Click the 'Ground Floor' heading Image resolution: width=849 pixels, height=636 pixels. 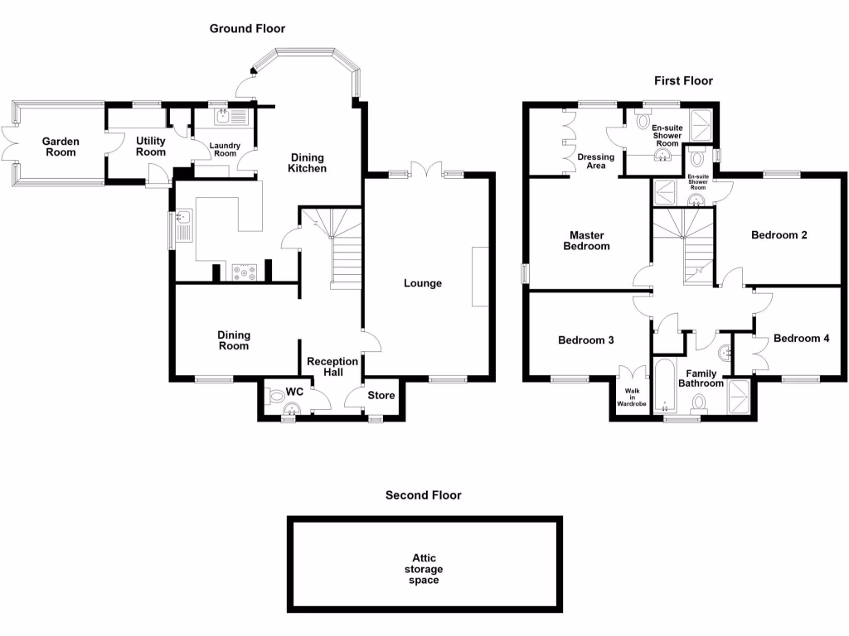[x=247, y=28]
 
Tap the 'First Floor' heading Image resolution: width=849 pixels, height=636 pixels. [x=683, y=80]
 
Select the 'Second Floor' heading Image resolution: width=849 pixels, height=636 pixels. [x=423, y=495]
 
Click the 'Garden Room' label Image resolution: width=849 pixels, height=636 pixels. [x=61, y=147]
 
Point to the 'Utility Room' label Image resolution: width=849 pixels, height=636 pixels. [x=151, y=147]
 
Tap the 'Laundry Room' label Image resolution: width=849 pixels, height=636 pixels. [x=226, y=150]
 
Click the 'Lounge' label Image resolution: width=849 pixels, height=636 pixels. [x=423, y=283]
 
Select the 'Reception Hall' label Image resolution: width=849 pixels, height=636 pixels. [x=332, y=366]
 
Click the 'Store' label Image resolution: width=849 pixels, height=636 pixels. [x=381, y=395]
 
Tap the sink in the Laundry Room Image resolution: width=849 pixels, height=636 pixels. [x=226, y=118]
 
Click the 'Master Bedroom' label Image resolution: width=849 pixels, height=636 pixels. [x=587, y=240]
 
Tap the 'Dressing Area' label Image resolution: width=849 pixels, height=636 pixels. [x=596, y=161]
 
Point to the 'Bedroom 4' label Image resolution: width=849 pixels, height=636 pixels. [x=801, y=339]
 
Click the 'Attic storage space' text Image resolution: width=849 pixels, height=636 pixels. [x=424, y=569]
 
